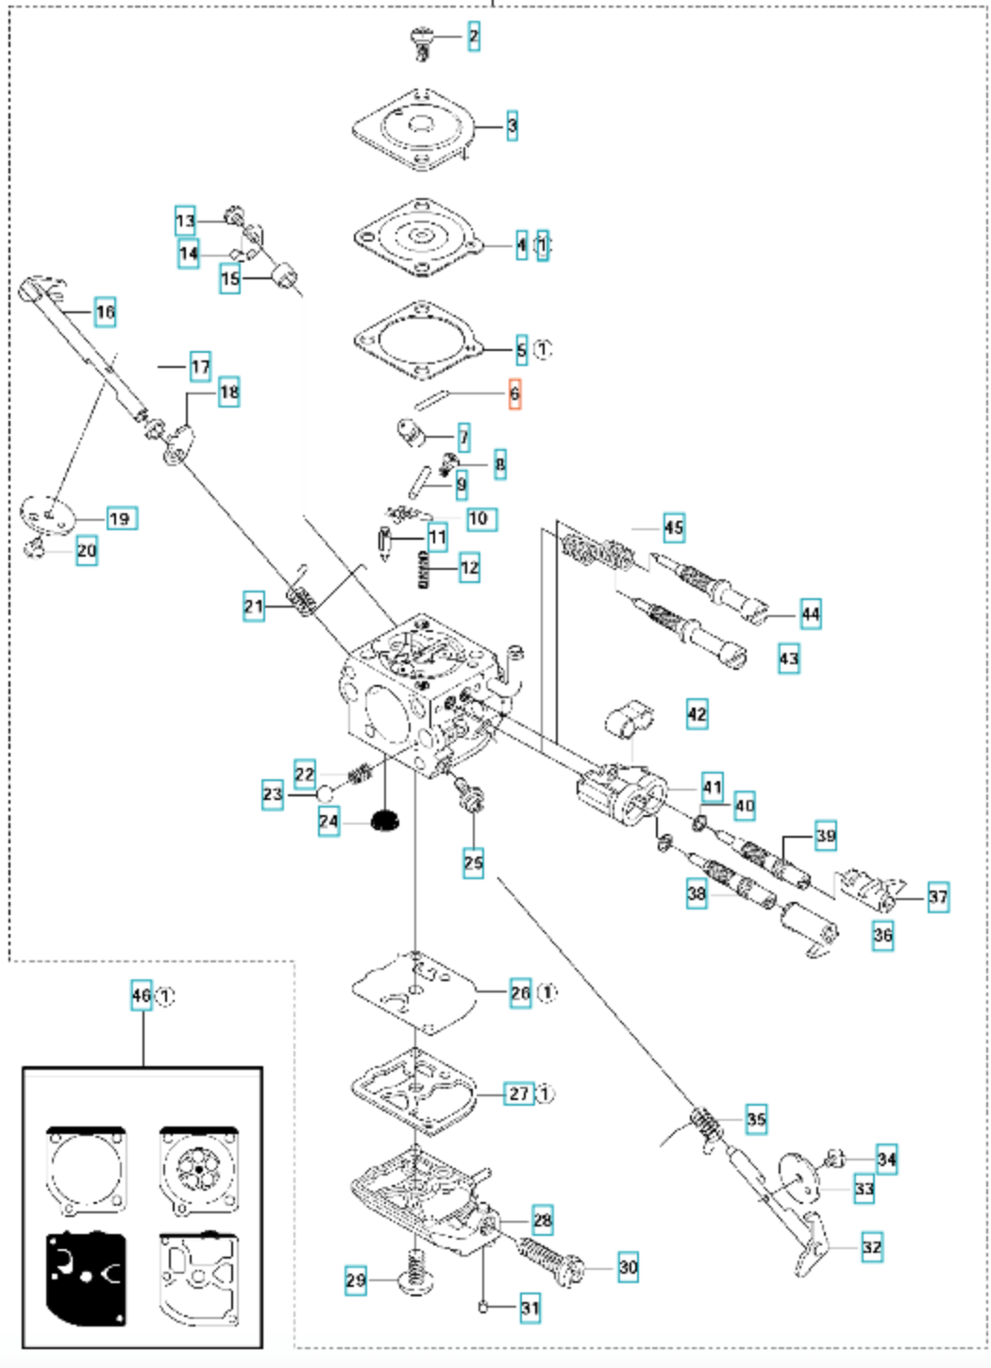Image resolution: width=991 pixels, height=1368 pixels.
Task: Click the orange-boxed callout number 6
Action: (514, 393)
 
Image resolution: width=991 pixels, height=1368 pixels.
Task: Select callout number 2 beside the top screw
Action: (473, 37)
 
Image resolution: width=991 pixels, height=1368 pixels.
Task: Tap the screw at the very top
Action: (421, 42)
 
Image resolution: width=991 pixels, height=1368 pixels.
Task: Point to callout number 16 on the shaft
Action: (105, 311)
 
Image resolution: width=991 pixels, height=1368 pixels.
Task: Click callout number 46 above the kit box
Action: (141, 995)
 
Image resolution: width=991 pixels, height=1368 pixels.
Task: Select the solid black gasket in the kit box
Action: (85, 1279)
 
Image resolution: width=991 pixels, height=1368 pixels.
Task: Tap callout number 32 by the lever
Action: (872, 1247)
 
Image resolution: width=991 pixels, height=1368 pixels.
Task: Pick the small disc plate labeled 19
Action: (46, 515)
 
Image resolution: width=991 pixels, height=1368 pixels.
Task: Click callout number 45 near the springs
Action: (673, 527)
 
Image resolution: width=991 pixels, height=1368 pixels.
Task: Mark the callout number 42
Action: (697, 714)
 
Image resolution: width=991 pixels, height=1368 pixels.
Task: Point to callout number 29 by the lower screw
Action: (355, 1280)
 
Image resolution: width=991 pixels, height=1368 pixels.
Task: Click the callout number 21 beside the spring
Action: (253, 606)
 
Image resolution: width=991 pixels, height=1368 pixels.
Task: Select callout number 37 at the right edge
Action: (937, 896)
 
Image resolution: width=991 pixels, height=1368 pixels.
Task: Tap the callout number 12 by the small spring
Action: (469, 568)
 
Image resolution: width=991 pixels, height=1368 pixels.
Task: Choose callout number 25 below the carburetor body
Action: (473, 861)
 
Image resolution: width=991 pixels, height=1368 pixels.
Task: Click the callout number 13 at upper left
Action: (185, 222)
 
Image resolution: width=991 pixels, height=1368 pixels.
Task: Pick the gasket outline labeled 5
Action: (415, 342)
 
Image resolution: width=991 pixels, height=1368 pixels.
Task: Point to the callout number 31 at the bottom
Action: (529, 1308)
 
